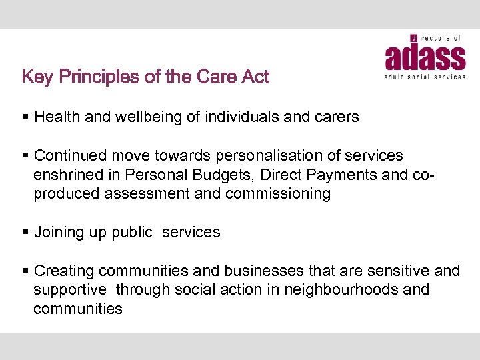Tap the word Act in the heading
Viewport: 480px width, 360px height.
tap(255, 77)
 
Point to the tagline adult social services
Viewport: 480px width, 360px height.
tap(425, 77)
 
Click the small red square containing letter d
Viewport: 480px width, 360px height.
tap(414, 38)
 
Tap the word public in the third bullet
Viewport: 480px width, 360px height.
tap(132, 233)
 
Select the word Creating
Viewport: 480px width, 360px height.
tap(64, 271)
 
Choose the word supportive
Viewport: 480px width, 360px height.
tap(70, 290)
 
